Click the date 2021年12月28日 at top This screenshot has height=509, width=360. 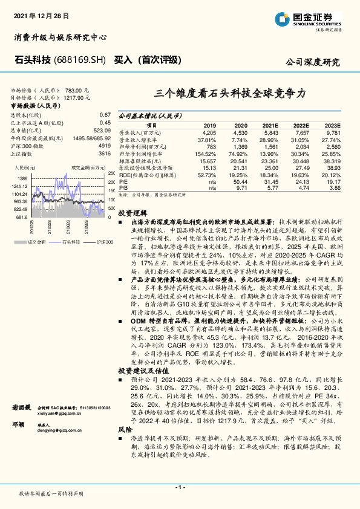pyautogui.click(x=41, y=14)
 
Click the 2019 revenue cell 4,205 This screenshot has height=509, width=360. pyautogui.click(x=209, y=132)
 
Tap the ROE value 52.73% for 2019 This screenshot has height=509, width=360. pyautogui.click(x=208, y=174)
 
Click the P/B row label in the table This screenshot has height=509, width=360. pyautogui.click(x=123, y=188)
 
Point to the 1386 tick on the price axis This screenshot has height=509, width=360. pyautogui.click(x=22, y=179)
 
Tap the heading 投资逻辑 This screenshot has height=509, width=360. pyautogui.click(x=133, y=213)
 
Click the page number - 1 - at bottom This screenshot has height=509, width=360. pyautogui.click(x=180, y=487)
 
